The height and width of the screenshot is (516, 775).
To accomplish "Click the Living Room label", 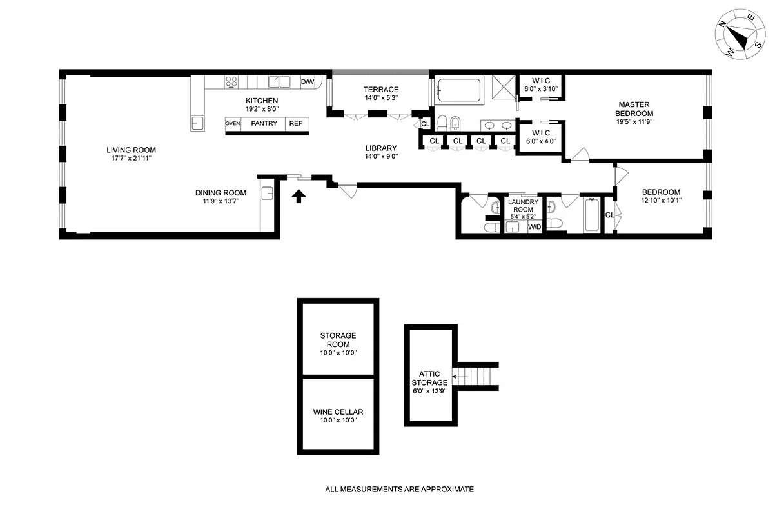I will (x=132, y=150).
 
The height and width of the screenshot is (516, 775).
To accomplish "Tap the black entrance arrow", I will (x=299, y=196).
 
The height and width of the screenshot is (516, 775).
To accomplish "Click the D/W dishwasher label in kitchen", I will (x=308, y=82).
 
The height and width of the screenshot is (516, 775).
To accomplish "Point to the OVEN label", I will (x=232, y=124).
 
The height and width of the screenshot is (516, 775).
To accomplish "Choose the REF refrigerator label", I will (x=295, y=124).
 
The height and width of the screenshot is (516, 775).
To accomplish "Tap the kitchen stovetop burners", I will (x=231, y=82).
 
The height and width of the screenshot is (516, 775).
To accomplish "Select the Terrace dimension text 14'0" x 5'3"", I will (x=380, y=98).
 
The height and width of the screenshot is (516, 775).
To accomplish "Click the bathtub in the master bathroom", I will (x=458, y=90).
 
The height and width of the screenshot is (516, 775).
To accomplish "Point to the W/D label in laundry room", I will (x=535, y=227).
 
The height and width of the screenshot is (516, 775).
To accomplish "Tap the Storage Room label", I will (x=338, y=340).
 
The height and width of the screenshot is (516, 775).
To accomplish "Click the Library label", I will (x=380, y=148).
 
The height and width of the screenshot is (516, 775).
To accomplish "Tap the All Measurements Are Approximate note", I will (x=399, y=490).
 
